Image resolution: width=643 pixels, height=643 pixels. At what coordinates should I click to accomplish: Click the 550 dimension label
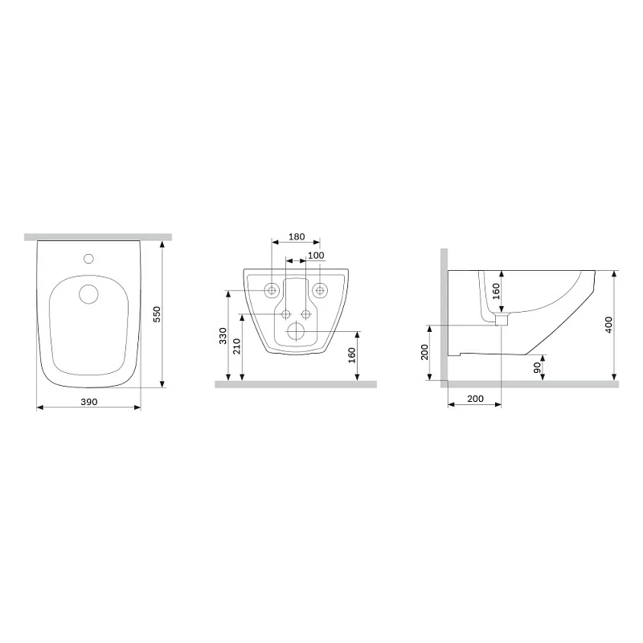click(x=158, y=313)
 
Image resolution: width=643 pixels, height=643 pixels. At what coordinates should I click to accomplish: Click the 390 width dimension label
click(x=88, y=401)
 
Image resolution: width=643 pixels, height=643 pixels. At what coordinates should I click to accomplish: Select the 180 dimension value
click(x=296, y=236)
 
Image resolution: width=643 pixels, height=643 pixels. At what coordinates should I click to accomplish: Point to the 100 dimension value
click(x=316, y=255)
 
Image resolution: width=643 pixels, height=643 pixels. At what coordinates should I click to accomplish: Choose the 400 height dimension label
click(x=608, y=325)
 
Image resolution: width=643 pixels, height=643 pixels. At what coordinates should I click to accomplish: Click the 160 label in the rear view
click(x=352, y=355)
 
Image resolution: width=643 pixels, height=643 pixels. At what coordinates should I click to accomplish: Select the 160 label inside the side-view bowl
click(x=495, y=292)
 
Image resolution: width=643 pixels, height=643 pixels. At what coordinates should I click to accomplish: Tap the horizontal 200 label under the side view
click(x=474, y=399)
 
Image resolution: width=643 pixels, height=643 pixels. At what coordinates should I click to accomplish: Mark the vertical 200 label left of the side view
click(x=424, y=352)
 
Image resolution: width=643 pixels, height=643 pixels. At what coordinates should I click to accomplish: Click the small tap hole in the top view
click(x=89, y=260)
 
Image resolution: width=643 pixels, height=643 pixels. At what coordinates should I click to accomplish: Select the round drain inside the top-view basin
click(x=88, y=293)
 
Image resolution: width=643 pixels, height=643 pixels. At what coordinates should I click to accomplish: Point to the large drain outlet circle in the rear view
click(x=296, y=330)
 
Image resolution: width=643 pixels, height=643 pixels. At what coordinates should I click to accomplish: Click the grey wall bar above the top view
click(x=97, y=237)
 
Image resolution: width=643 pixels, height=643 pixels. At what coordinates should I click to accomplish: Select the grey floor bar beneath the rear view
click(x=296, y=384)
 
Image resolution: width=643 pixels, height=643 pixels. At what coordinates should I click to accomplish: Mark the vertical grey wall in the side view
click(x=444, y=313)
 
